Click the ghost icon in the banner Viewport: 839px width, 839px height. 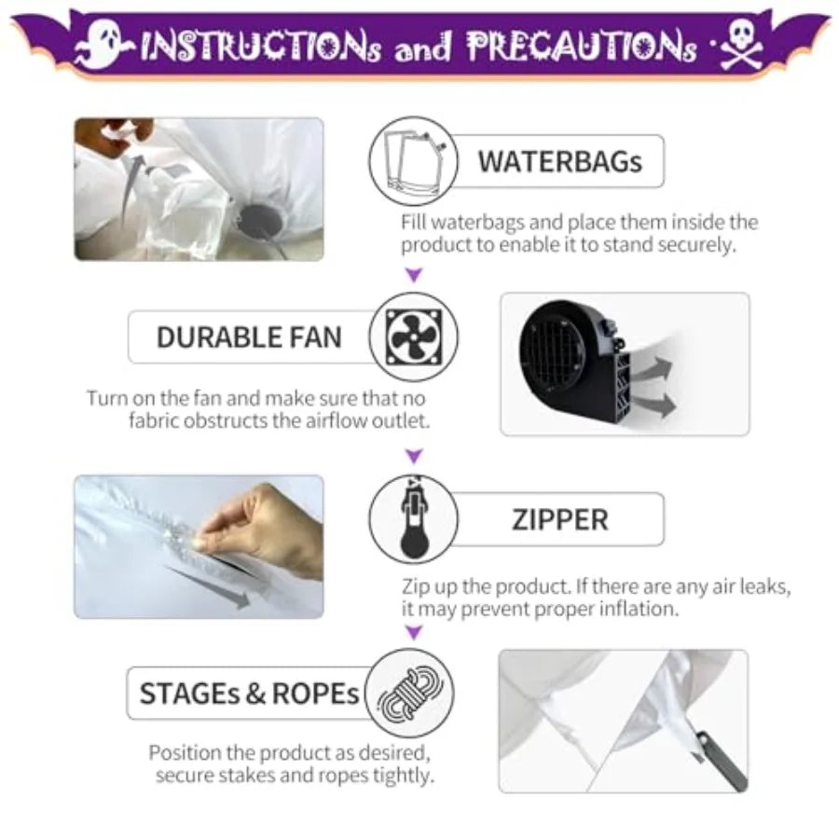click(102, 45)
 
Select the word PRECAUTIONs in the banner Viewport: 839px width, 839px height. click(582, 46)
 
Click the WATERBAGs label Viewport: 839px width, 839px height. click(559, 161)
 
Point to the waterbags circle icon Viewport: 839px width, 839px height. click(413, 161)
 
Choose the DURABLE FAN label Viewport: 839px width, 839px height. click(249, 337)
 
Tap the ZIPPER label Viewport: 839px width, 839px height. click(559, 519)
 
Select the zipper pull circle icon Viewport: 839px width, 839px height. click(414, 518)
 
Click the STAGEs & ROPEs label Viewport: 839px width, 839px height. click(249, 694)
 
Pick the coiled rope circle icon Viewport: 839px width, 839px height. click(410, 693)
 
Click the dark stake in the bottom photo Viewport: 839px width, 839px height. click(722, 761)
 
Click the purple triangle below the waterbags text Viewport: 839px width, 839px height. click(414, 274)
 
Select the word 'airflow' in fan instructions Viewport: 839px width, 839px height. click(337, 420)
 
